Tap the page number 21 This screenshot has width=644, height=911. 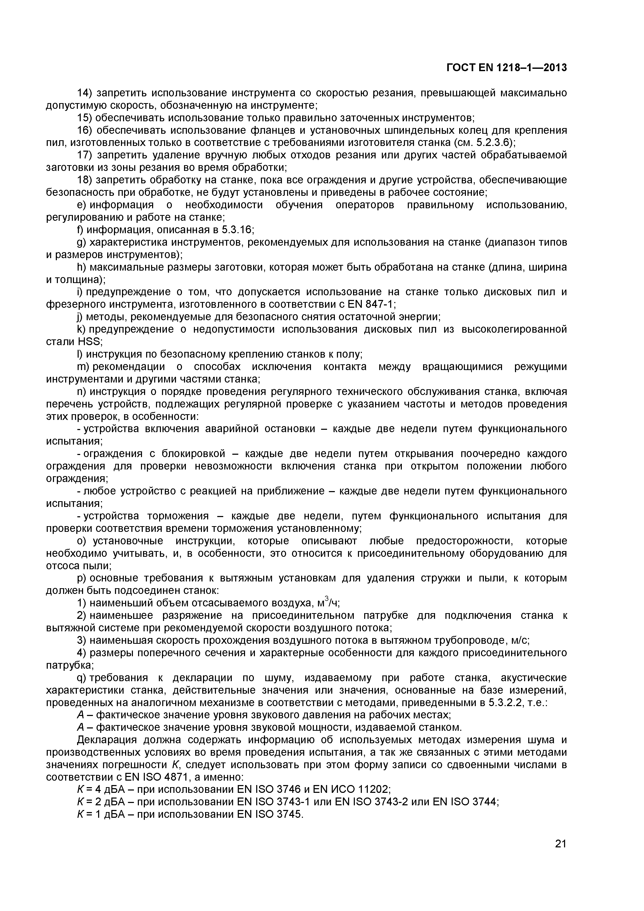click(x=560, y=855)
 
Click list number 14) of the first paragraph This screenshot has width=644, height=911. click(x=84, y=93)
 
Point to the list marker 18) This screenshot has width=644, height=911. click(x=84, y=180)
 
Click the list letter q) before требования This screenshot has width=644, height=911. click(x=82, y=678)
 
